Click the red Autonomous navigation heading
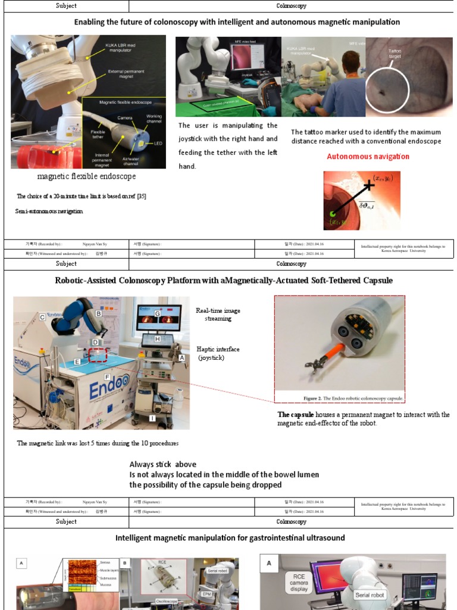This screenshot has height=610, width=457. (368, 157)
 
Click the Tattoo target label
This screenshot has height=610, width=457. (395, 54)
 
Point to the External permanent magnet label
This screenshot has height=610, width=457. (126, 74)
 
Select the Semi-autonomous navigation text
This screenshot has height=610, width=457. (49, 211)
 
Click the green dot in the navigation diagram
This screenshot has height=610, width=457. (334, 214)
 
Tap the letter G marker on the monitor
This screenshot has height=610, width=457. (158, 313)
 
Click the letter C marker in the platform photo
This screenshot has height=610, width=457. (42, 318)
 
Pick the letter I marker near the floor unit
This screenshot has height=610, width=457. (153, 419)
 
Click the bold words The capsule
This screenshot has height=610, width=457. (295, 415)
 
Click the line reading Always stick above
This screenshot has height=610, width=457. (162, 464)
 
